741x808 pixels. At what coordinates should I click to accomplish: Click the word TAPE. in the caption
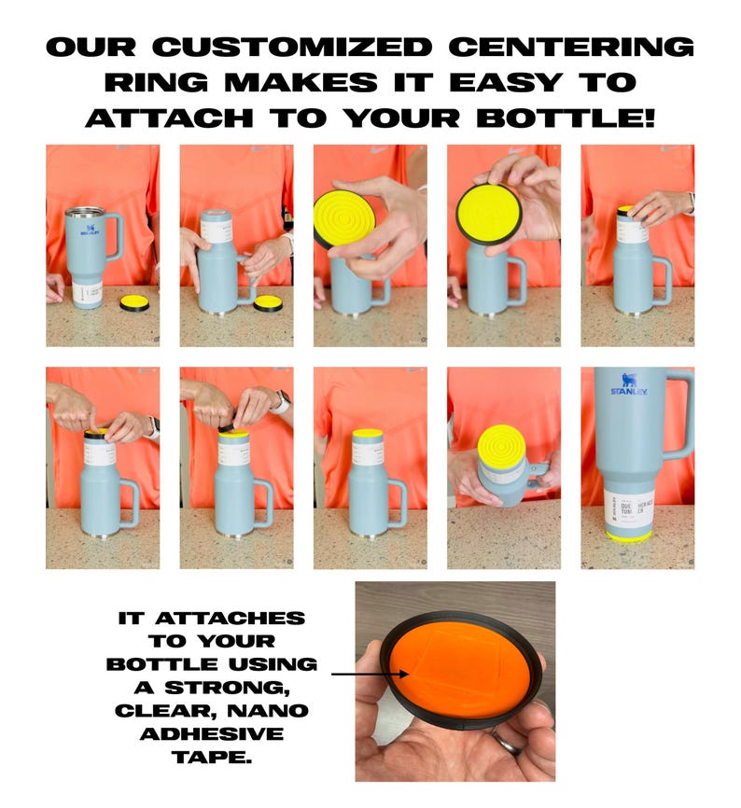click(x=212, y=757)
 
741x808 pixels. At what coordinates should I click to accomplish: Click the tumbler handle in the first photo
click(x=114, y=237)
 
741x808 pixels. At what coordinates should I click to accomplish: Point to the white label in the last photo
click(x=636, y=505)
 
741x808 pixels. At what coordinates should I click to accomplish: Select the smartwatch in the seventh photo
click(x=281, y=402)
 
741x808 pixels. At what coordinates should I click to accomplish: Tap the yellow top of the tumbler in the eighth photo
click(x=369, y=433)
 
